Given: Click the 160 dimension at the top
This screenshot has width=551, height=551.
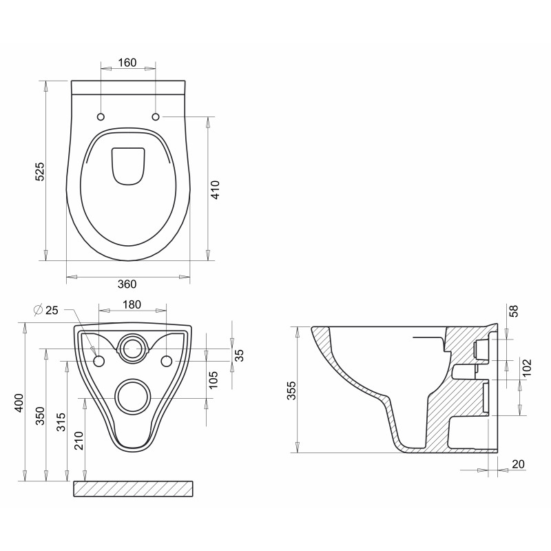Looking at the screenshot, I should (x=127, y=62).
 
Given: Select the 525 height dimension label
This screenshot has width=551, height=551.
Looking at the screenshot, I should (x=40, y=171).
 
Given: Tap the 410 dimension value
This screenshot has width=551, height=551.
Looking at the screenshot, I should (x=215, y=189).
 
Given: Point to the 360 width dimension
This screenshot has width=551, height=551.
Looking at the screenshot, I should (x=127, y=284).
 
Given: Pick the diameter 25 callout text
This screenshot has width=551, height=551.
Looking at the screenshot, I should (x=47, y=310).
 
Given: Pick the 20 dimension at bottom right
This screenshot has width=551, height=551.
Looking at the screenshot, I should (x=518, y=464).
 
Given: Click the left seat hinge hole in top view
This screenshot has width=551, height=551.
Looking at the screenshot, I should (x=101, y=116).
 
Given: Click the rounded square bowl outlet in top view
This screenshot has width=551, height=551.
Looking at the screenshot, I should (x=128, y=166).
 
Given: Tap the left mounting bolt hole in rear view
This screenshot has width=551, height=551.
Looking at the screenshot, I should (x=98, y=362).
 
